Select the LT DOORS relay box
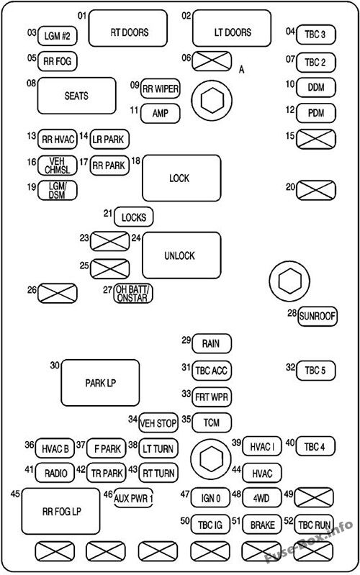pyautogui.click(x=231, y=32)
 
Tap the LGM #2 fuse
pyautogui.click(x=58, y=35)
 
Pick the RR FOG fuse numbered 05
pyautogui.click(x=57, y=61)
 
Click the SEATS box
pyautogui.click(x=76, y=96)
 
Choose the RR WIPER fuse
pyautogui.click(x=160, y=89)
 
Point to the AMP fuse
pyautogui.click(x=160, y=113)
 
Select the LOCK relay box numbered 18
pyautogui.click(x=181, y=178)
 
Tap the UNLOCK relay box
pyautogui.click(x=179, y=255)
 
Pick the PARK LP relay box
pyautogui.click(x=100, y=383)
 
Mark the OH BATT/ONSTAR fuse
pyautogui.click(x=134, y=294)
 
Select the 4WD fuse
pyautogui.click(x=261, y=496)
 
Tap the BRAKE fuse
pyautogui.click(x=261, y=524)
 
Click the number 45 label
pyautogui.click(x=15, y=494)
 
